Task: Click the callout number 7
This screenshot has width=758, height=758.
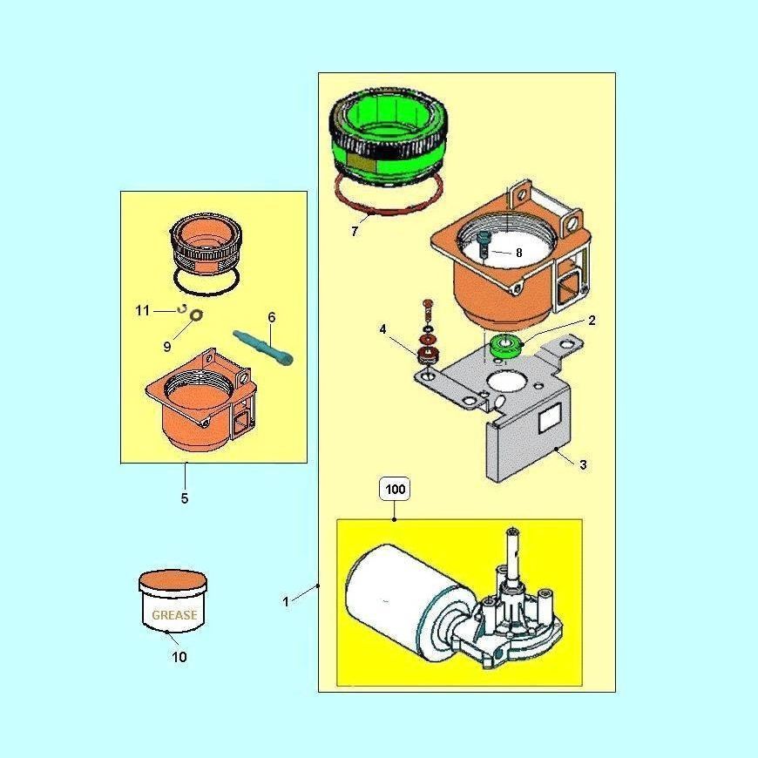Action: (x=355, y=232)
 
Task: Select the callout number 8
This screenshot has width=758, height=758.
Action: (x=518, y=253)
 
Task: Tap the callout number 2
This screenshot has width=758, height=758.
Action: (x=592, y=321)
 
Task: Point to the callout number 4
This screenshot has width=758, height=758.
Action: (x=382, y=329)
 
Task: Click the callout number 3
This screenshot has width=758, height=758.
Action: (x=583, y=464)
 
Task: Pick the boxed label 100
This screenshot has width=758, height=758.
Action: (x=396, y=490)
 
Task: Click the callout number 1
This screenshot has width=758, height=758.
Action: (x=286, y=602)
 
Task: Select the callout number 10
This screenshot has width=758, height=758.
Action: (x=179, y=657)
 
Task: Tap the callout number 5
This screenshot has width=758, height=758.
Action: (x=184, y=498)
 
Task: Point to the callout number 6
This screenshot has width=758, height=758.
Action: (x=272, y=318)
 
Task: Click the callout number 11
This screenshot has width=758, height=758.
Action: (x=143, y=310)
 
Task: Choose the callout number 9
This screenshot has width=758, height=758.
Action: (x=166, y=346)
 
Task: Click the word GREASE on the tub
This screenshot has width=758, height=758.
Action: (x=174, y=614)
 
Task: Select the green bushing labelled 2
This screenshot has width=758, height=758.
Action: (x=504, y=346)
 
